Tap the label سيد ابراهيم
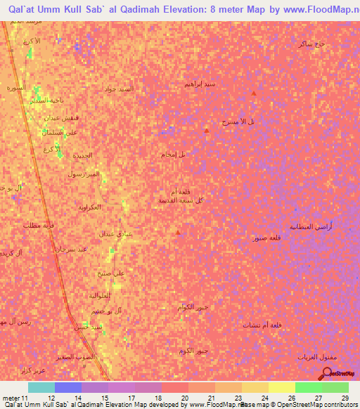pos(200,84)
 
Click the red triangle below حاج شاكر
pos(254,93)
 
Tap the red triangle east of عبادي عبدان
pos(179,232)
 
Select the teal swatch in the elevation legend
pos(41,387)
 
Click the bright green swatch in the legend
pos(308,387)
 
